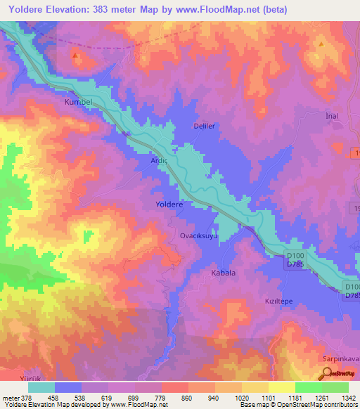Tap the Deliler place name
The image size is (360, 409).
click(x=204, y=126)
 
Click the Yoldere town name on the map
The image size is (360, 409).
click(x=169, y=204)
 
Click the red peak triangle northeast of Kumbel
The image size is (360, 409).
click(x=75, y=55)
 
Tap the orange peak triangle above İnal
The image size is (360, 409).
click(x=321, y=44)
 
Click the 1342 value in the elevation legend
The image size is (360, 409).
click(x=348, y=398)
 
